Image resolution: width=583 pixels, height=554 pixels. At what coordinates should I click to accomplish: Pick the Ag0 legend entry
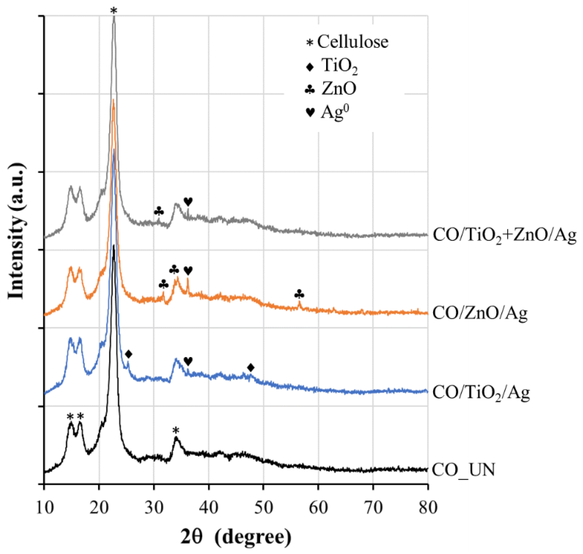[x=328, y=112]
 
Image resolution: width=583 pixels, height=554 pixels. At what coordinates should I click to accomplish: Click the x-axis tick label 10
[x=45, y=508]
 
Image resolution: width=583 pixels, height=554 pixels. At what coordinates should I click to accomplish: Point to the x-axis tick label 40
[x=209, y=508]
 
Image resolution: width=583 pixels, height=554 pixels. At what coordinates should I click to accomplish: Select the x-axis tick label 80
[x=428, y=508]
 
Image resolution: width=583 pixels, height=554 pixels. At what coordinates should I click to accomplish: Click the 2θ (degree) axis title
[x=236, y=537]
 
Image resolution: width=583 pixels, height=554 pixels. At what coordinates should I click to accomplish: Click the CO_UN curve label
[x=463, y=469]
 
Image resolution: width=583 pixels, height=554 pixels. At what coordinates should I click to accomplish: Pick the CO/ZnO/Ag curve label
[x=480, y=313]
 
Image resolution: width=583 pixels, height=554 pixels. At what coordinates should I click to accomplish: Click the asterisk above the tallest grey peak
[x=114, y=11]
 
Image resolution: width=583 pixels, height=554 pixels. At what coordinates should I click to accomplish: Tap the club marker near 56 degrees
[x=299, y=294]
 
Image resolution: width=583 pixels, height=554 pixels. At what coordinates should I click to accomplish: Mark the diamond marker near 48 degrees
[x=251, y=368]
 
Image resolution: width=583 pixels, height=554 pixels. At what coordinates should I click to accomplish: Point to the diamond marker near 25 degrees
[x=128, y=354]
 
